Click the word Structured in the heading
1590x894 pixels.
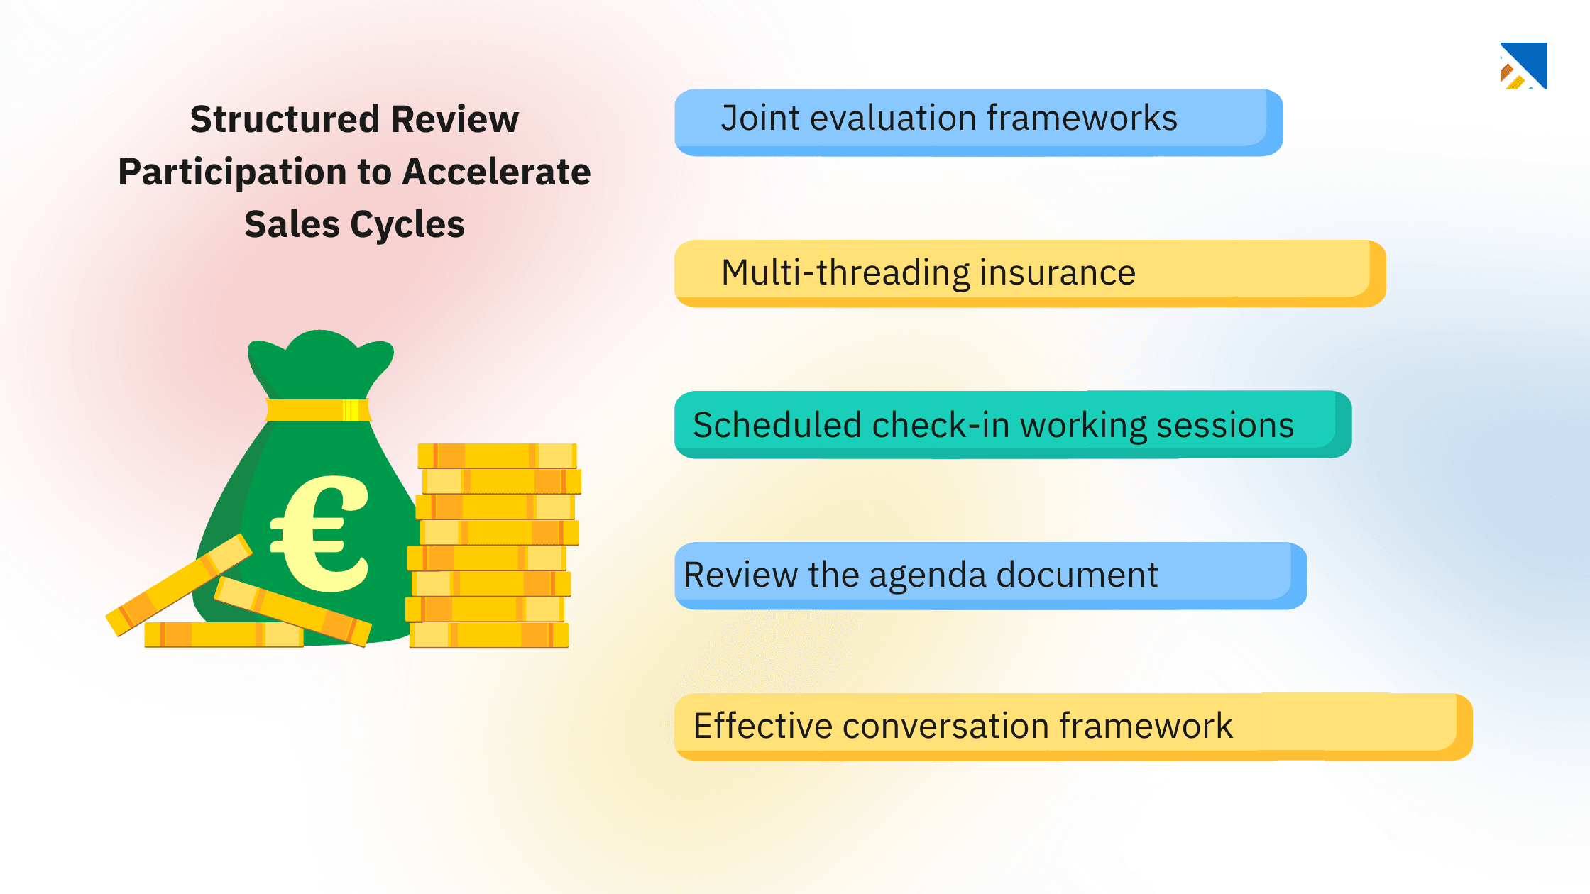tap(284, 119)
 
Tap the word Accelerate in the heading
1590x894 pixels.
tap(496, 172)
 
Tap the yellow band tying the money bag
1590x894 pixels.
tap(317, 410)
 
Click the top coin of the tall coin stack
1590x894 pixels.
tap(497, 455)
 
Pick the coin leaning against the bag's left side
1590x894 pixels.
tap(177, 585)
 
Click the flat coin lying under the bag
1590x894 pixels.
tap(223, 634)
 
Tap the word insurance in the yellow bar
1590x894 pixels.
tap(1057, 272)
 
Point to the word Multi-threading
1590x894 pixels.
tap(845, 272)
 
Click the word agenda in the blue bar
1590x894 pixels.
tap(927, 575)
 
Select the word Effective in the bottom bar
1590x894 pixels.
tap(762, 726)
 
